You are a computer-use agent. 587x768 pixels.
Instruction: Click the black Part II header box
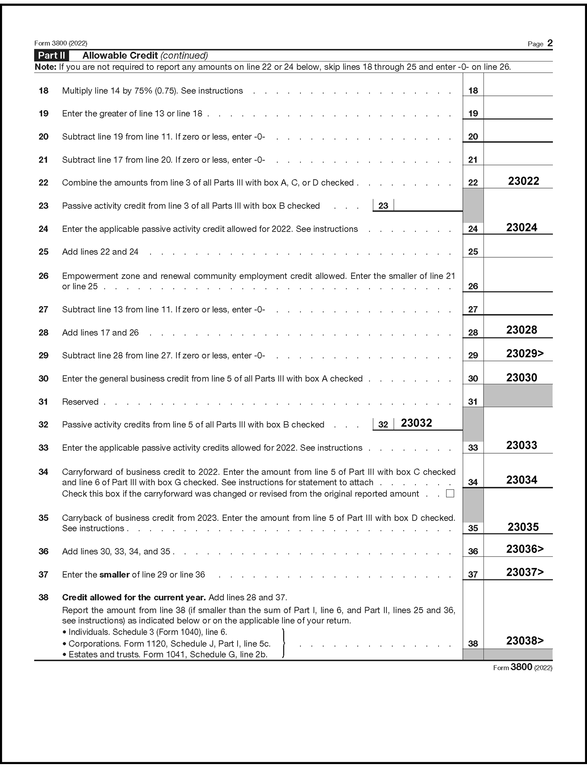coord(51,56)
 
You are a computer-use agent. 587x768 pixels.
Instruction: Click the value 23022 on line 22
coord(523,181)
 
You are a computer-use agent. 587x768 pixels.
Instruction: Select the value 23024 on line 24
coord(521,227)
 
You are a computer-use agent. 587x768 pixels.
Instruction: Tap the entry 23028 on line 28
coord(521,330)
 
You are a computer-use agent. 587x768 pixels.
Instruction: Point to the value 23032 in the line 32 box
coord(416,423)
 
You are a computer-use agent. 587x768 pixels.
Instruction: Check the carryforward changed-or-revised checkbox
coord(450,493)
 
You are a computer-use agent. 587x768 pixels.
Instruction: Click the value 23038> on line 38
coord(525,640)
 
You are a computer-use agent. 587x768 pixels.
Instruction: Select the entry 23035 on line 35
coord(523,527)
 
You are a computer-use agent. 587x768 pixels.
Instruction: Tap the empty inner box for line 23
coord(428,205)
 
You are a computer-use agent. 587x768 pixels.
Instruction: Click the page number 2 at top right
coord(550,43)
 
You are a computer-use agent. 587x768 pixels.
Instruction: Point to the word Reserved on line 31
coord(80,402)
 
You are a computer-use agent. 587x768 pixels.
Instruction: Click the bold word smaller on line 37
coord(114,574)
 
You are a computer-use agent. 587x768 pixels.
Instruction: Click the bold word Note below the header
coord(45,67)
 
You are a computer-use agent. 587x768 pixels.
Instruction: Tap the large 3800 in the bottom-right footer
coord(521,667)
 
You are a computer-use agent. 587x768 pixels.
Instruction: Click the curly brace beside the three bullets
coord(283,643)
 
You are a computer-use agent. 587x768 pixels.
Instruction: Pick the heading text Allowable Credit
coord(120,56)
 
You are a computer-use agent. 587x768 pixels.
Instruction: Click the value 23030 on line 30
coord(521,378)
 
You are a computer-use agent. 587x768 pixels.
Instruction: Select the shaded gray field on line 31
coord(518,396)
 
